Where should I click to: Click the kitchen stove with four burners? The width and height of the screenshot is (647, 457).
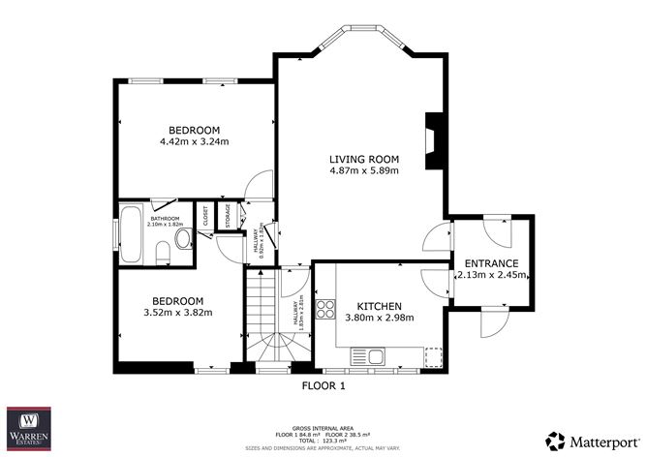tap(326, 311)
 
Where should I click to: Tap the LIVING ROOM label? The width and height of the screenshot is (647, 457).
tap(363, 159)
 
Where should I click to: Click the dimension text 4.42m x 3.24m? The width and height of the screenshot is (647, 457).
tap(194, 142)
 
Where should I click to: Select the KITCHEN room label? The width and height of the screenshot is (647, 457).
tap(381, 305)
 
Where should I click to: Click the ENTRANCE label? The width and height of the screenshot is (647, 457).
tap(492, 262)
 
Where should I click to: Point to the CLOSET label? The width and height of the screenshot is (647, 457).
tap(205, 218)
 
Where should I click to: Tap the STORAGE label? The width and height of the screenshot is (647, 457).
tap(227, 217)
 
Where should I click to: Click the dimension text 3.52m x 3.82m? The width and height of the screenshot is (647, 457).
tap(177, 312)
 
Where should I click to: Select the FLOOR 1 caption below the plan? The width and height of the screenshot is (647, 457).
tap(323, 385)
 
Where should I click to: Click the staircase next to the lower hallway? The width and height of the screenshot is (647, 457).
tap(265, 320)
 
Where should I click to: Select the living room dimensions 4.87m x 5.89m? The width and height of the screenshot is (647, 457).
tap(363, 171)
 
